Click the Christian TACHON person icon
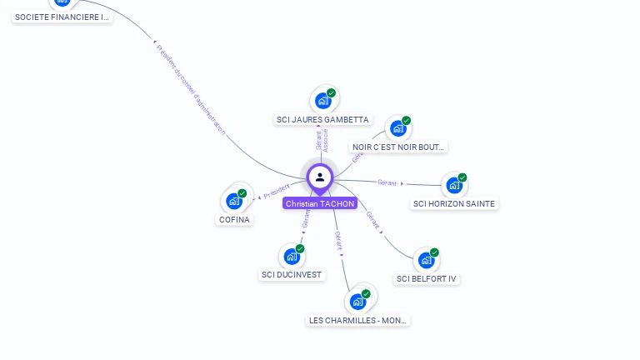320,177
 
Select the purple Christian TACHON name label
320,203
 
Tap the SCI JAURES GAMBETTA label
322,120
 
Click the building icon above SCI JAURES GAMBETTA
323,101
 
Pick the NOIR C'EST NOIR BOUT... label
399,147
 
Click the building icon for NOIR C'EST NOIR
398,128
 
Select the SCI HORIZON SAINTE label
454,203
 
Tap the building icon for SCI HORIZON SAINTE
454,185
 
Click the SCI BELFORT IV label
427,278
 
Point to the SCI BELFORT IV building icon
427,260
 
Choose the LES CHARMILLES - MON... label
358,320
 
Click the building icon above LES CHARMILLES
358,301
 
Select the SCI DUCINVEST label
292,274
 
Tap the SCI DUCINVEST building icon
292,256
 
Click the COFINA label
234,220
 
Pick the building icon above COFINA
234,201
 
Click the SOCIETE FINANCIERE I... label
62,17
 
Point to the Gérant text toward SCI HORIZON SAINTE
387,182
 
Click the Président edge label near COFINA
277,192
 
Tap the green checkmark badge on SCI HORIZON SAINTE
462,177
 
